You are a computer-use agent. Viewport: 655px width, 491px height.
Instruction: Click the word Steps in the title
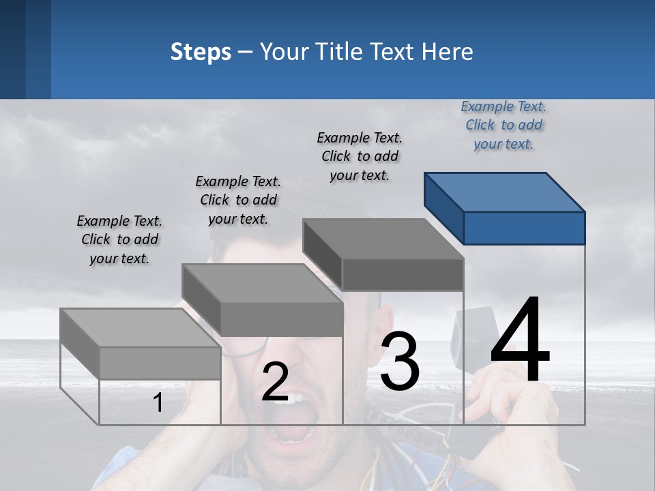pyautogui.click(x=201, y=52)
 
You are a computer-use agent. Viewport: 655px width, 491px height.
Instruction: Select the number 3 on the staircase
pyautogui.click(x=400, y=361)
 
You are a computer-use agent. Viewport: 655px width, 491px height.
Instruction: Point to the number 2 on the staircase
pyautogui.click(x=275, y=382)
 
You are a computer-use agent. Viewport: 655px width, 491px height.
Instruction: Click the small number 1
pyautogui.click(x=158, y=403)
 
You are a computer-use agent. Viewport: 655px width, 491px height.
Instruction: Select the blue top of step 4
pyautogui.click(x=505, y=192)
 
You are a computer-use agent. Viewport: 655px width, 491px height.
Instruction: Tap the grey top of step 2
pyautogui.click(x=262, y=283)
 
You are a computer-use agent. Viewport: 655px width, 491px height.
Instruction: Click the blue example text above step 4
pyautogui.click(x=504, y=125)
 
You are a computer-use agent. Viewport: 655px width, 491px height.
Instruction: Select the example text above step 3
pyautogui.click(x=360, y=156)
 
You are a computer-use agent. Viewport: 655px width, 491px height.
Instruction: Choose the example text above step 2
pyautogui.click(x=238, y=200)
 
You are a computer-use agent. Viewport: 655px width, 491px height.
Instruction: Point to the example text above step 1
pyautogui.click(x=119, y=240)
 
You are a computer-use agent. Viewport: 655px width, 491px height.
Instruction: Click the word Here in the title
pyautogui.click(x=448, y=52)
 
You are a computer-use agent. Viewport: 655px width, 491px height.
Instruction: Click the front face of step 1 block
pyautogui.click(x=160, y=363)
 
